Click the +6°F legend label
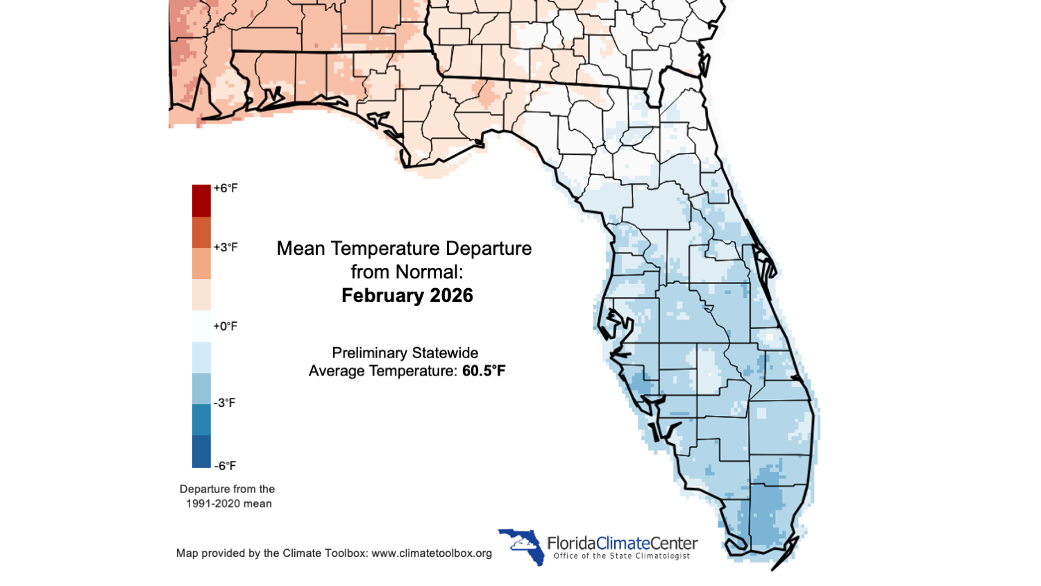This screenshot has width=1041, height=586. click(226, 188)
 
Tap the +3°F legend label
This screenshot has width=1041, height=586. click(226, 247)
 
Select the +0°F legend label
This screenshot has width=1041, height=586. click(226, 326)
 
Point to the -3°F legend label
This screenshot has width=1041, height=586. click(224, 403)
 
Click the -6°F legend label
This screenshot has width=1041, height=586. click(224, 466)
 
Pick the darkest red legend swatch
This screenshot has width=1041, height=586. click(201, 201)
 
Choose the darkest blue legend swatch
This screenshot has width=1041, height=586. click(201, 451)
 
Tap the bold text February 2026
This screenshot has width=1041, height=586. click(407, 296)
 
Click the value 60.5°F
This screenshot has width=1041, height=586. click(484, 371)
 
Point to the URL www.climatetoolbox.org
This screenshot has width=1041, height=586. click(432, 553)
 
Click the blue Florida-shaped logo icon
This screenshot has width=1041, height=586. click(522, 546)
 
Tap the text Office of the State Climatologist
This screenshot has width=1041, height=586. click(622, 556)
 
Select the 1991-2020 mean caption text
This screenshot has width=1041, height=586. click(228, 503)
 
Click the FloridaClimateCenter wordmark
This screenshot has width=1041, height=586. click(622, 543)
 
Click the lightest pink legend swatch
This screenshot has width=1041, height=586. click(201, 294)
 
